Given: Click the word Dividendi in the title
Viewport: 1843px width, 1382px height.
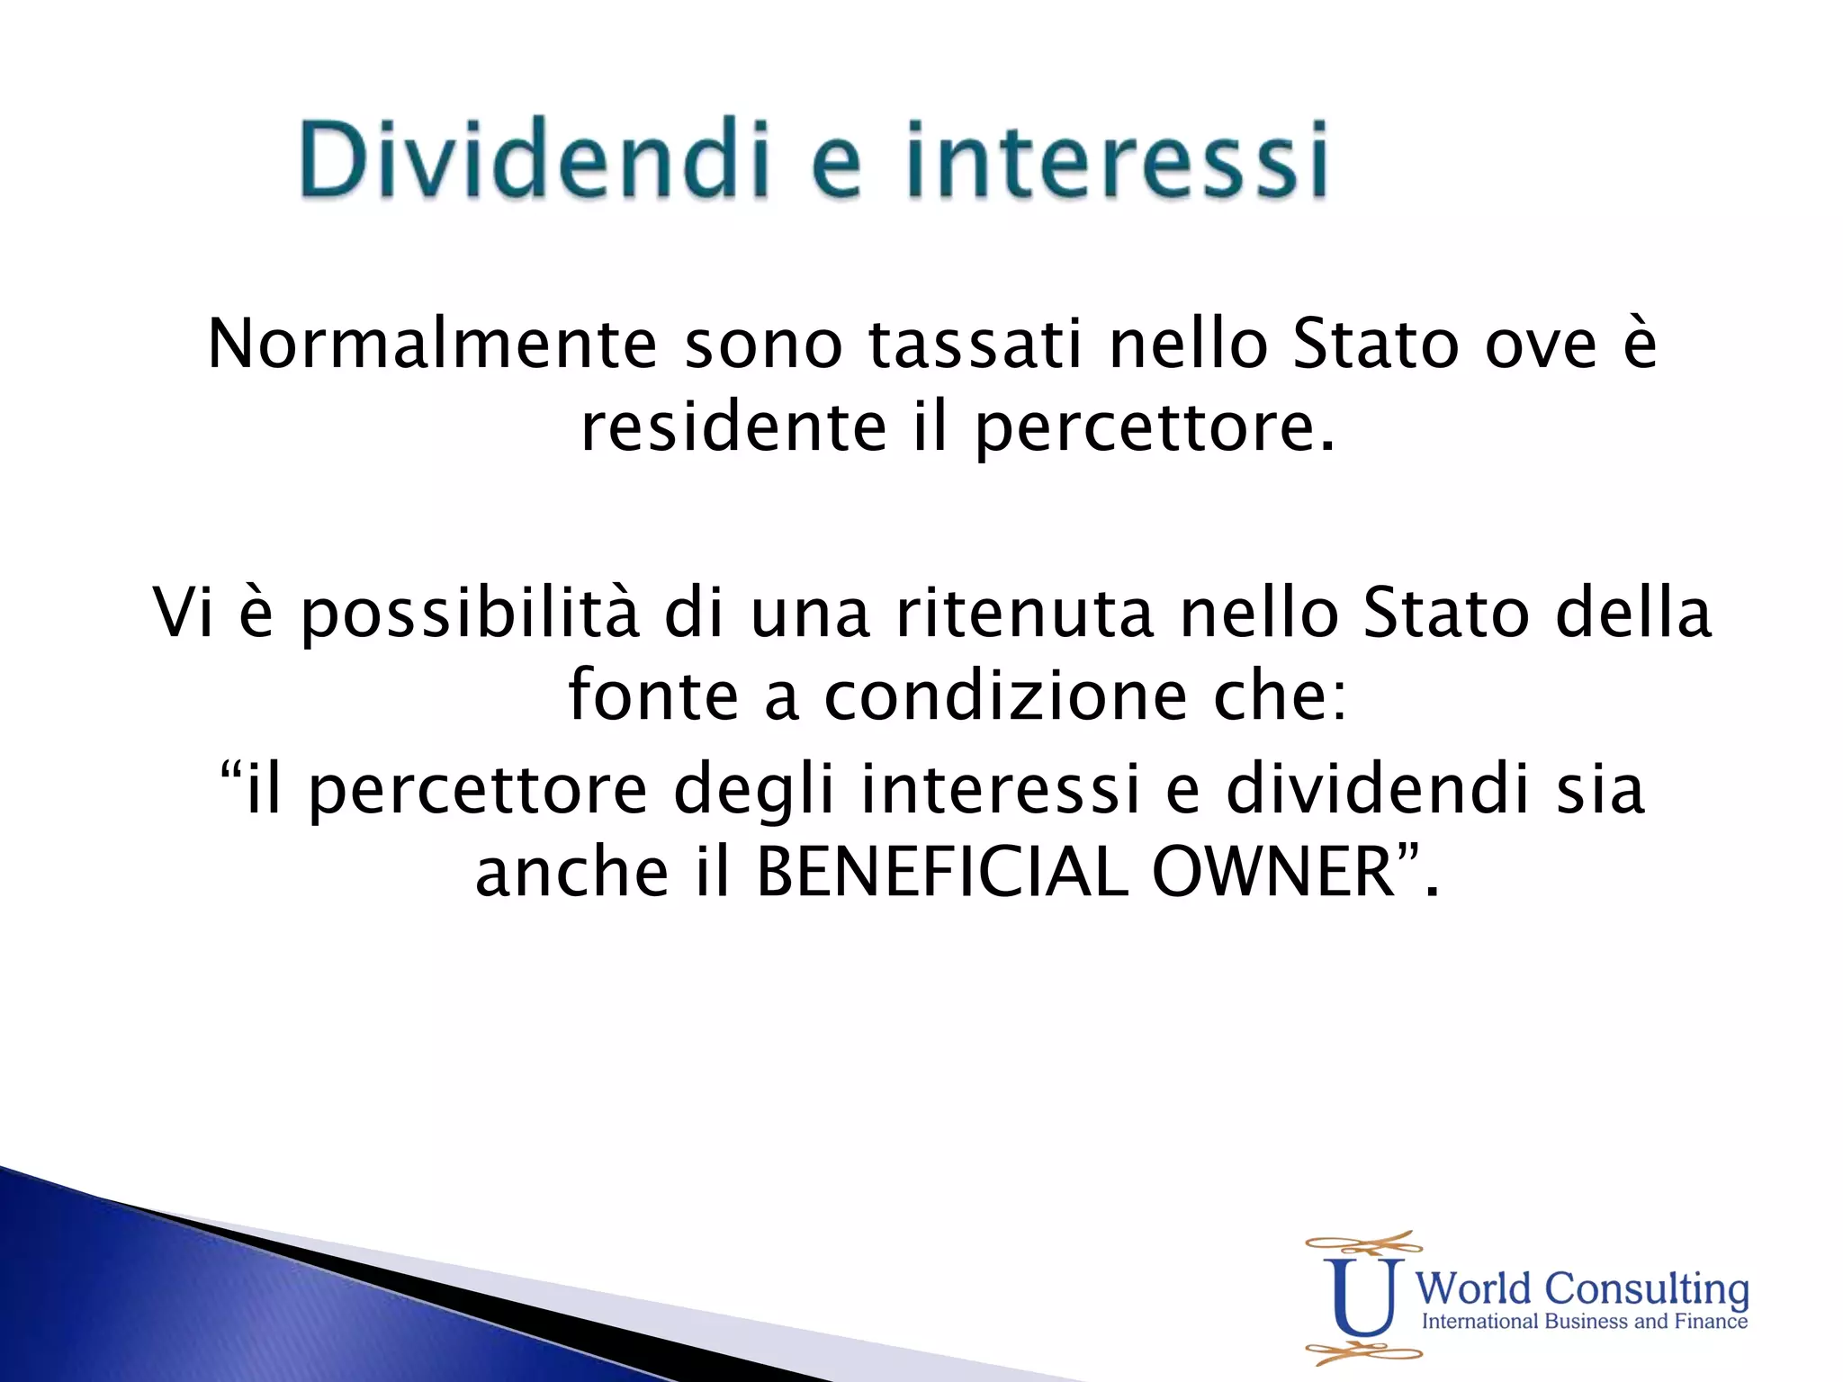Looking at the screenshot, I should point(535,160).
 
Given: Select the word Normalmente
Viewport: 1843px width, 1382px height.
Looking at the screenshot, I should point(432,345).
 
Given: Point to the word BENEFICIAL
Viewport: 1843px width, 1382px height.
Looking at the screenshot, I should point(941,873).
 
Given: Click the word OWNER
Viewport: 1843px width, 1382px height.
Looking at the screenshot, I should point(1272,873).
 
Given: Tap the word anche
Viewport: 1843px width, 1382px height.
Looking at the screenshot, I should point(571,873).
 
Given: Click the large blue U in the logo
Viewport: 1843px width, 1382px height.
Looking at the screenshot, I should point(1363,1297).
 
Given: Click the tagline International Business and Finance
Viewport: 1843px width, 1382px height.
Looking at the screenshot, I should point(1584,1322).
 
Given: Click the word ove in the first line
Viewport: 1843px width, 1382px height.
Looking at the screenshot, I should point(1540,345).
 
